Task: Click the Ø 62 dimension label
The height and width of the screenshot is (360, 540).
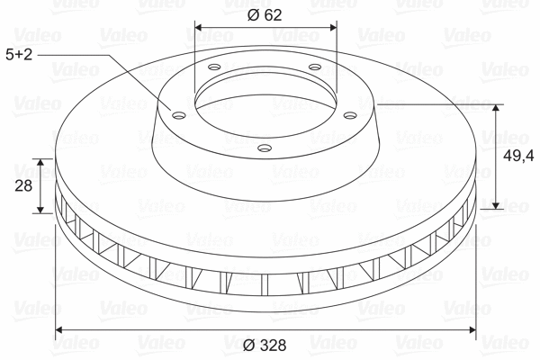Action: click(265, 13)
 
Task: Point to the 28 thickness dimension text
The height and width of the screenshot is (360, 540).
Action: click(24, 186)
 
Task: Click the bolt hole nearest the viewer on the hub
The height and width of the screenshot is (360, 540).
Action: click(265, 147)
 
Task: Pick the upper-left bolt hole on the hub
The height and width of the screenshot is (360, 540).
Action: click(214, 68)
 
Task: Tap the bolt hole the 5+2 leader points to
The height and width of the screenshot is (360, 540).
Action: click(177, 113)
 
